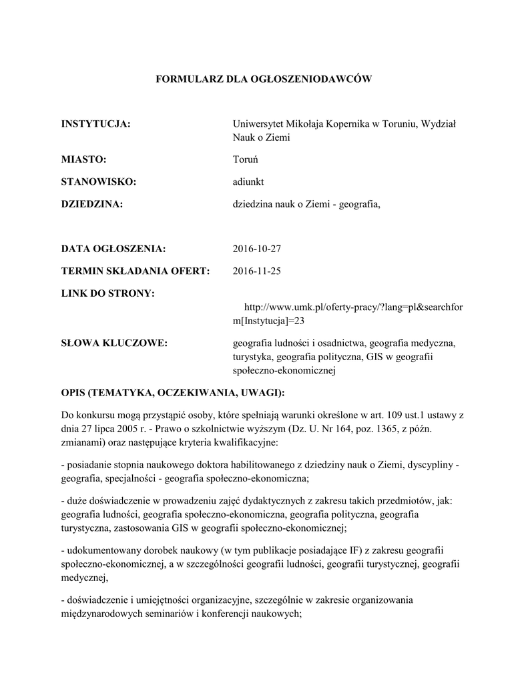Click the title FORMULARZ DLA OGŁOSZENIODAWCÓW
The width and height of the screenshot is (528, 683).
263,79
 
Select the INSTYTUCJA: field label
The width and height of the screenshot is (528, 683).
95,124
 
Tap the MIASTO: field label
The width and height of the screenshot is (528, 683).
84,159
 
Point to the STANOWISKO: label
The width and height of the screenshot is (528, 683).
99,181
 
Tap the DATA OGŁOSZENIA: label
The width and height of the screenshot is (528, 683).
113,249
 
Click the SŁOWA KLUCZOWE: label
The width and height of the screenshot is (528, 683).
114,343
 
